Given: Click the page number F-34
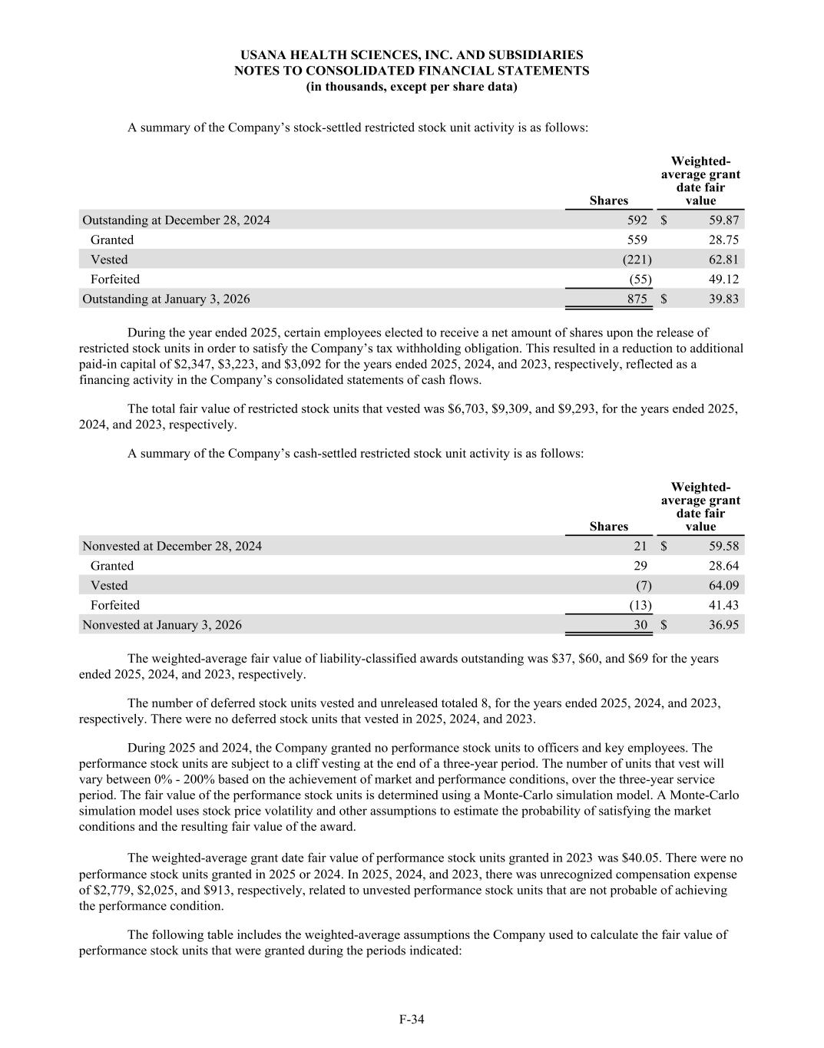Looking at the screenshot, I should click(x=412, y=1020).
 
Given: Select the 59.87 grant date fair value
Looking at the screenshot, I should click(x=723, y=220).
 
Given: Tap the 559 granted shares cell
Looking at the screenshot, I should click(x=637, y=240).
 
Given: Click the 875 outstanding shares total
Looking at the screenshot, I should click(x=637, y=299).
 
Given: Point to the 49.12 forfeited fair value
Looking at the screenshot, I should click(x=723, y=279).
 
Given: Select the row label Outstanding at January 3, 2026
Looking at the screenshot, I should click(x=166, y=299).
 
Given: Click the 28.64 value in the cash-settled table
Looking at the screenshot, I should click(x=723, y=566).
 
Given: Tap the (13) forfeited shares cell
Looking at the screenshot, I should click(x=640, y=605).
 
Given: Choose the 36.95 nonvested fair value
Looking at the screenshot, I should click(x=723, y=625).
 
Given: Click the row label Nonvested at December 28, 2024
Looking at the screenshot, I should click(x=172, y=546).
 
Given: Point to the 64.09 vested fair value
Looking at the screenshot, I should click(x=723, y=585).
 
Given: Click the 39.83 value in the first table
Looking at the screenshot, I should click(x=723, y=299).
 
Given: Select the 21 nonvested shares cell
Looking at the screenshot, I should click(x=640, y=546).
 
